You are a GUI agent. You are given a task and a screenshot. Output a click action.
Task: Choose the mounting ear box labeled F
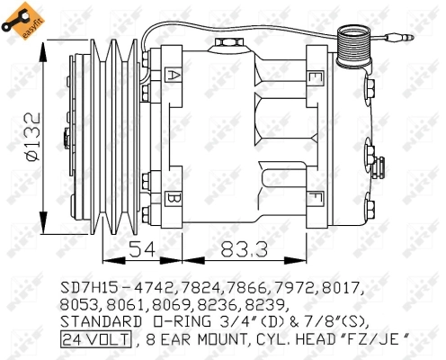click(315, 196)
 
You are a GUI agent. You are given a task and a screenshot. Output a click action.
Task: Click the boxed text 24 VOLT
click(95, 338)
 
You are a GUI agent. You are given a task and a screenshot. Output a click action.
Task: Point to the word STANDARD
click(99, 321)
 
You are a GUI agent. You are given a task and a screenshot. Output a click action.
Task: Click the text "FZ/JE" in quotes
click(378, 338)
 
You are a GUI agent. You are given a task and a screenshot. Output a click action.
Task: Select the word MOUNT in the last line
click(229, 338)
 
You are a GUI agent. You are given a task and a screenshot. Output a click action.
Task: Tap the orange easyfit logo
click(20, 20)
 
